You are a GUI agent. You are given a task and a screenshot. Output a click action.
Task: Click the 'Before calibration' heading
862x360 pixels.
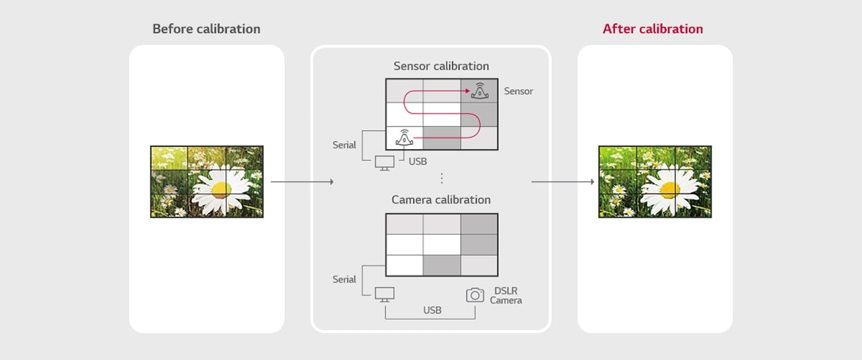[206, 29]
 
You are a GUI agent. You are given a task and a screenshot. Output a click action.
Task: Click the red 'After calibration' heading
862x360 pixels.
[653, 29]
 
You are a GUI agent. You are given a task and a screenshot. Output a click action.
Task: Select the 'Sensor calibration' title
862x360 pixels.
[441, 66]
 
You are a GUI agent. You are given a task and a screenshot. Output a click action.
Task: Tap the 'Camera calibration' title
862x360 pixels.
[441, 199]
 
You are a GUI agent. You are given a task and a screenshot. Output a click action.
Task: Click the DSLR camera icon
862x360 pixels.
[475, 295]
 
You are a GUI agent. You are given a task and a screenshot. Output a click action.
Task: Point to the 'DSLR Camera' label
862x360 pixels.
[506, 296]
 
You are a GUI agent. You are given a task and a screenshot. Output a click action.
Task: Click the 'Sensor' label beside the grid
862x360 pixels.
[518, 91]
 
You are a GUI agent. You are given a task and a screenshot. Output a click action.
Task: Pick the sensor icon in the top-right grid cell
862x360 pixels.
[480, 91]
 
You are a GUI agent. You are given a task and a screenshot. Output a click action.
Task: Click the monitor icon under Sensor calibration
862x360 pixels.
[385, 163]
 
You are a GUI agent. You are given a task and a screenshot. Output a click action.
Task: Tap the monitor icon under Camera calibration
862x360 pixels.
[385, 295]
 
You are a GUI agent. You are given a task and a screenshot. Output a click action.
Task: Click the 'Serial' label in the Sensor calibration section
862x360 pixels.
[344, 145]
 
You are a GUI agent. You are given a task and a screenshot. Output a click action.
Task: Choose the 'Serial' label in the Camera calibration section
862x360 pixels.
[344, 279]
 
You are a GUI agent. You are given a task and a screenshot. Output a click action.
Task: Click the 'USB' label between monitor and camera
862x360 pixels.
[432, 310]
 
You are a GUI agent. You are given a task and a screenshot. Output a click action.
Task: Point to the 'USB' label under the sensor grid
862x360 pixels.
[418, 162]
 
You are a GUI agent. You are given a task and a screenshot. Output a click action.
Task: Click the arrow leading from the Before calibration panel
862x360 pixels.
[302, 182]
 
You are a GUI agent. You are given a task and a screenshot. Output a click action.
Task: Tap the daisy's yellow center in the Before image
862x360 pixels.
[222, 189]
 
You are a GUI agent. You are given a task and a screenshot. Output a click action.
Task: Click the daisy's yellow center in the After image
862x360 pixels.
[670, 189]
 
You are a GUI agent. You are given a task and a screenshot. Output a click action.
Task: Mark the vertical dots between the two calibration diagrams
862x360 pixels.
[441, 178]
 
